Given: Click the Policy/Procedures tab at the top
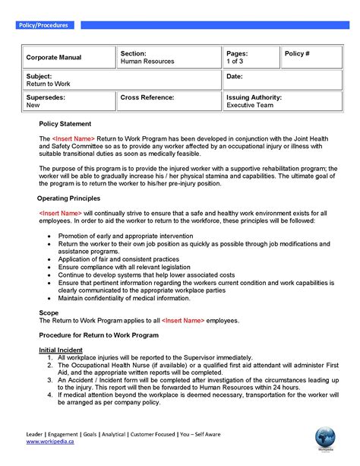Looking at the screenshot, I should point(43,25).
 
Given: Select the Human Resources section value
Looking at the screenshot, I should point(147,62).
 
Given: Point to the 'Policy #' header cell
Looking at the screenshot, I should point(298,54).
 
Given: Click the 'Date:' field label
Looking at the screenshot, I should point(235,77).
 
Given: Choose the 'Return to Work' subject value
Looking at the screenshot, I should point(48,84).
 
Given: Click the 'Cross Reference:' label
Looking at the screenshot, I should point(147,98).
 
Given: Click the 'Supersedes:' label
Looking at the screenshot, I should point(46,98).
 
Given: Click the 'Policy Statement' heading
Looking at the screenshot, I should point(65,124).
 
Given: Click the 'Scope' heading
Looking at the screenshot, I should point(49,312).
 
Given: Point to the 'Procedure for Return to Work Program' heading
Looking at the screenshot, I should point(99,335).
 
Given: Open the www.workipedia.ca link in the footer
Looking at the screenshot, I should point(51,442).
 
